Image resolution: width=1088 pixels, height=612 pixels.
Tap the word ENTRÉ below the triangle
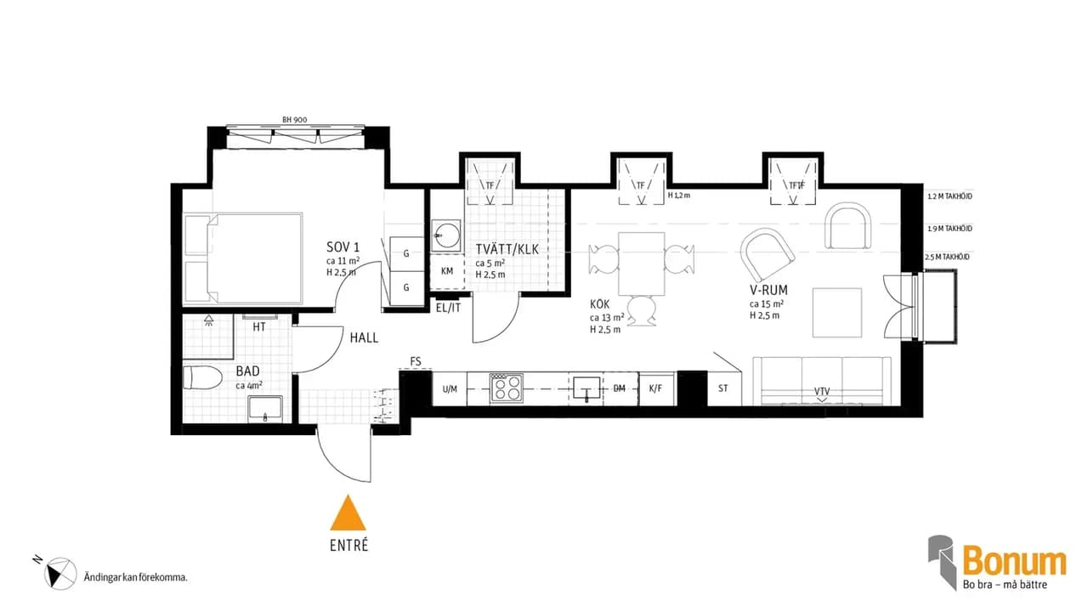tap(348, 546)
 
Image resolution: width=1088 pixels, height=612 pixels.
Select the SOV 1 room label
tap(343, 247)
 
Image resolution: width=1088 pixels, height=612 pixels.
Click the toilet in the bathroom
tap(202, 377)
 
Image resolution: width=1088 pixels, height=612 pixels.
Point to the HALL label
tap(364, 337)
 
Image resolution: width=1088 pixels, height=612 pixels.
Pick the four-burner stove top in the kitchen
tap(506, 388)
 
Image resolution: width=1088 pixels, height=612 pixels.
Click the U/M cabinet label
tap(450, 389)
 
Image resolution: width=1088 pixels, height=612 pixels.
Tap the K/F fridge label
tap(655, 388)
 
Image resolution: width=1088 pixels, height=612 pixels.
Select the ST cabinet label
tap(722, 388)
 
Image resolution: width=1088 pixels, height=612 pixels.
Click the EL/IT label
tap(448, 308)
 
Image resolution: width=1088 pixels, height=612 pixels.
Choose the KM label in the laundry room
tap(447, 271)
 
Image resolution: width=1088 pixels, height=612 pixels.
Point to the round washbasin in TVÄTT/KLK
tap(446, 235)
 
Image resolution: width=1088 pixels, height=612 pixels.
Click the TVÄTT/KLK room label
tap(507, 249)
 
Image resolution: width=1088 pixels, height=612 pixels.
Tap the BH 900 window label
tap(294, 120)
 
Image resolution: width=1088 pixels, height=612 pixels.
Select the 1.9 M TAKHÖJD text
tap(949, 229)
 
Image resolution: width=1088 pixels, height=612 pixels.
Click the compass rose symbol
tap(60, 574)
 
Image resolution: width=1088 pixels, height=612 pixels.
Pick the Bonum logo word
tap(1014, 563)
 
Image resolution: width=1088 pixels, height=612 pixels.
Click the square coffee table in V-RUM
tap(837, 313)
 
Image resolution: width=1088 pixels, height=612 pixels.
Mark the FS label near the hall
tap(416, 361)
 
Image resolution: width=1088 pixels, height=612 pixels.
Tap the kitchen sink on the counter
tap(586, 389)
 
